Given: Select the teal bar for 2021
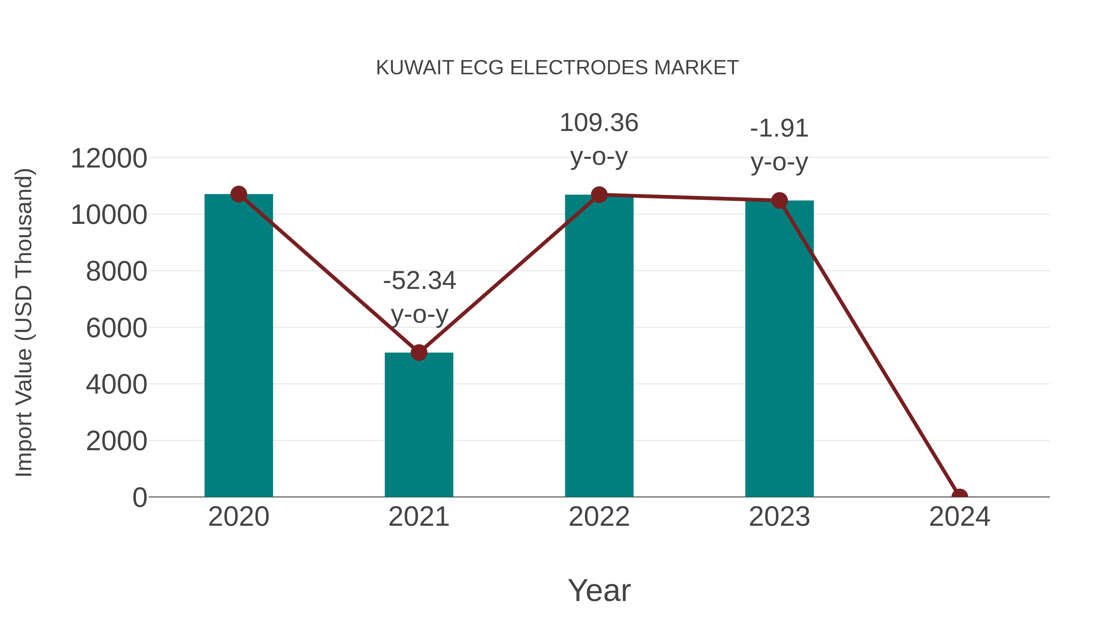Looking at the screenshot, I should pos(418,425).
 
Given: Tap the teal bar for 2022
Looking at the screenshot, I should pos(599,346).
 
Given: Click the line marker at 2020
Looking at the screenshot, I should pos(238,194).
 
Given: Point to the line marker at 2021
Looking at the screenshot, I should pos(418,353).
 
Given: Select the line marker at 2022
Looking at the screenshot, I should pos(599,195).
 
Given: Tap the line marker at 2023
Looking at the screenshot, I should pos(779,200).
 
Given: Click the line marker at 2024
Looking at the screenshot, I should pos(960,496).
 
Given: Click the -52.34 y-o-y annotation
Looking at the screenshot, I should pos(419,297).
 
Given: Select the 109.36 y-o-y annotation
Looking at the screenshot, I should pos(599,139).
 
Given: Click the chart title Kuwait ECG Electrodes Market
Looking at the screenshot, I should pos(557,67).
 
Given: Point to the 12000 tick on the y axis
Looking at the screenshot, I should pos(109,158).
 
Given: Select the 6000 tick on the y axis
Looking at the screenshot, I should pos(116,328).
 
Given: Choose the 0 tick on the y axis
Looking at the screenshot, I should pos(140,497).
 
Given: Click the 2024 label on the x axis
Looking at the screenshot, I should pos(960,517).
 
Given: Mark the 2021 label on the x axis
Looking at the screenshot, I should pos(418,517).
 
